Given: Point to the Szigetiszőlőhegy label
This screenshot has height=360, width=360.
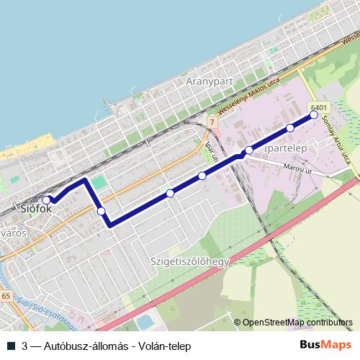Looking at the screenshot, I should coord(189,261).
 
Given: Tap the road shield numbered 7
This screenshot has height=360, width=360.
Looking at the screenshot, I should coord(212,123).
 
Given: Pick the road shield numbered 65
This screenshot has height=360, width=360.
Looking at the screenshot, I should coord(6,296).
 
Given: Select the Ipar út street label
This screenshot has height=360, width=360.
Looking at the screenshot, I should coord(212,150).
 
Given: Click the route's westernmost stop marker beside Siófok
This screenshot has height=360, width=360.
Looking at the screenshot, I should coord(46,180).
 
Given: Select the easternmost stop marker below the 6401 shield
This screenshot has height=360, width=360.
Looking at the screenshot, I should coord(313,114).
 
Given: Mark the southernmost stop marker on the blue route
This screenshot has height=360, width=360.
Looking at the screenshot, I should coord(101,211).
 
